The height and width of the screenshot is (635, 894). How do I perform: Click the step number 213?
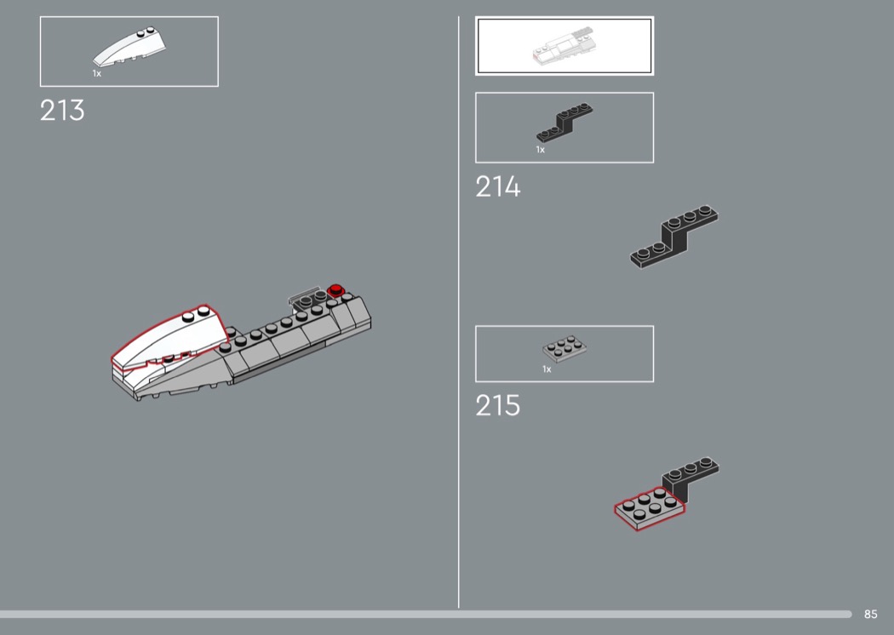(62, 111)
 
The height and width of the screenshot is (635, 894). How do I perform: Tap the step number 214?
(498, 187)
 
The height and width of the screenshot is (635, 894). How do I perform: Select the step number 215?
(498, 406)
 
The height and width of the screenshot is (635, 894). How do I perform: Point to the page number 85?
(871, 614)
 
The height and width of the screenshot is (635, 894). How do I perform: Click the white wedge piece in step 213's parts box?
(129, 47)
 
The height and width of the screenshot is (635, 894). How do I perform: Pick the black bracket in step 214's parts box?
(564, 122)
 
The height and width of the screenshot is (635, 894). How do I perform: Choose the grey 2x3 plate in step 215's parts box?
(564, 348)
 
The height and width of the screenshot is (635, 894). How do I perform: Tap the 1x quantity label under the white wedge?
(97, 73)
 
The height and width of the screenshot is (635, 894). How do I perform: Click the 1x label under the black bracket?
(541, 150)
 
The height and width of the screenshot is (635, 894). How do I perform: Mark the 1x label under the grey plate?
(547, 369)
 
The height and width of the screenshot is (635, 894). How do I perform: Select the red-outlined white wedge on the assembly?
(165, 338)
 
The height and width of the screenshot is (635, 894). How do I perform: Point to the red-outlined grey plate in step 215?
(650, 507)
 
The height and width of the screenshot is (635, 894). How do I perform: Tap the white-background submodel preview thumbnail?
(564, 46)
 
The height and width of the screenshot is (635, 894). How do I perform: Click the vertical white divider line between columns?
(458, 312)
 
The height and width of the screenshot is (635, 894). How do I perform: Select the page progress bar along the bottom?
(426, 614)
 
